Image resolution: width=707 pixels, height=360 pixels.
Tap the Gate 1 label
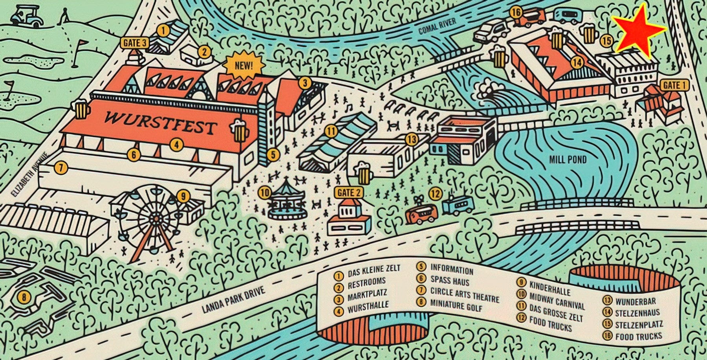[x=671, y=85]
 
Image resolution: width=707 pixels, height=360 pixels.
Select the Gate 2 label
[x=348, y=193]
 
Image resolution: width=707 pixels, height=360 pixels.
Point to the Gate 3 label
[x=135, y=43]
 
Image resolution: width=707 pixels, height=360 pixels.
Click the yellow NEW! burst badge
[x=244, y=65]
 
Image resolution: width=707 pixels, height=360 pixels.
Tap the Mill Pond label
[x=568, y=159]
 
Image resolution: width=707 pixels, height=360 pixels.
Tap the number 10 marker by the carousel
[x=264, y=193]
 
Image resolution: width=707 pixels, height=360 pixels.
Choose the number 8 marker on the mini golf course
[x=24, y=297]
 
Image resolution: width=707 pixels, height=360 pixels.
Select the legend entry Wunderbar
[x=635, y=301]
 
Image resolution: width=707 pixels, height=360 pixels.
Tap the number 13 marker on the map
[x=411, y=139]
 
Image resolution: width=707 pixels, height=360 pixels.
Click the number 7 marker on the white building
[x=61, y=168]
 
